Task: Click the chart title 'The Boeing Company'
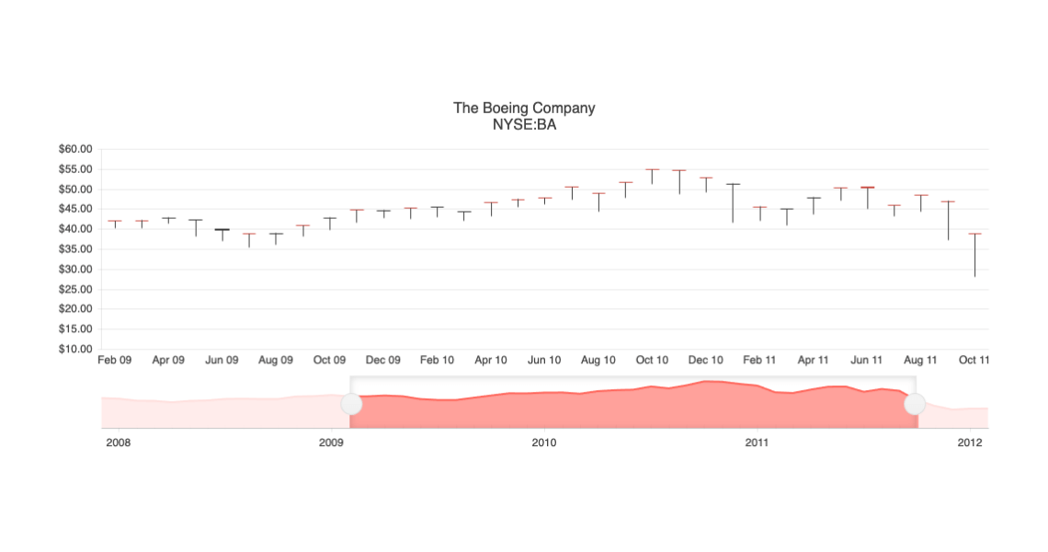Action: (524, 108)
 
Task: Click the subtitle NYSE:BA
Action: (524, 124)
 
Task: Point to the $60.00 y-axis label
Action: (76, 149)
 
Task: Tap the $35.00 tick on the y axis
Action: (76, 249)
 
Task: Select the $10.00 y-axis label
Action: (76, 350)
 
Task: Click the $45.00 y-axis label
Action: (76, 210)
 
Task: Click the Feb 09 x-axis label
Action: (115, 361)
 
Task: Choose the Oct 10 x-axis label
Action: (652, 361)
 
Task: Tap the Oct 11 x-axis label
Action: (974, 361)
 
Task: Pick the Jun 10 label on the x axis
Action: (544, 361)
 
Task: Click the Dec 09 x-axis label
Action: (383, 361)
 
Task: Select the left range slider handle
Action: (351, 404)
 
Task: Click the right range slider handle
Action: (915, 404)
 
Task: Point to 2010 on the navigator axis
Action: (544, 443)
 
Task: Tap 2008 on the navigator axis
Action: (119, 443)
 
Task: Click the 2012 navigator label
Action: (970, 443)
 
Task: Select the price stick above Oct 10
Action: (652, 176)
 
